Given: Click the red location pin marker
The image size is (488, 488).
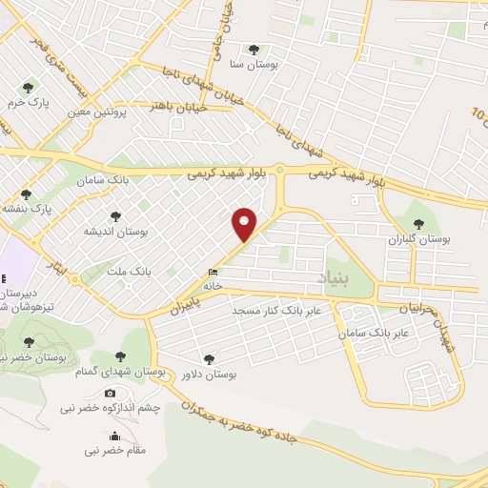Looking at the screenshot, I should coord(245,224).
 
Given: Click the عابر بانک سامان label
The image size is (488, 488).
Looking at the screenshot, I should coord(378,333).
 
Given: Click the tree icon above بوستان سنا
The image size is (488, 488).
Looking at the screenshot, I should coord(253,50).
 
